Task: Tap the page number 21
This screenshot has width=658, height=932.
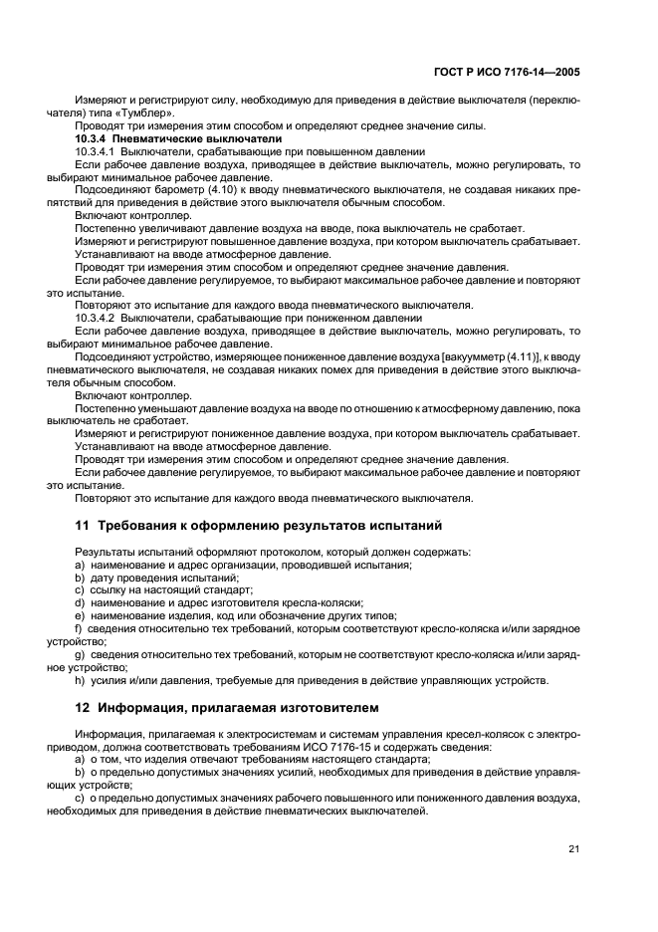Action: pyautogui.click(x=574, y=848)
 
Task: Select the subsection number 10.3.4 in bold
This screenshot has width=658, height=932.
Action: pyautogui.click(x=94, y=138)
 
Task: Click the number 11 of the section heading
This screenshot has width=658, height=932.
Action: pyautogui.click(x=81, y=525)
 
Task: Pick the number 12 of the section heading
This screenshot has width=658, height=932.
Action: pyautogui.click(x=81, y=709)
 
